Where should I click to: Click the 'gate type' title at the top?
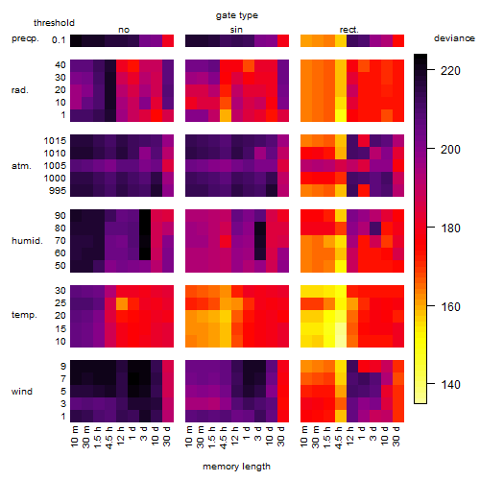coord(237,15)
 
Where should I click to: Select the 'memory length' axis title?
coord(236,467)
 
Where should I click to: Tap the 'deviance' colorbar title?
coord(454,38)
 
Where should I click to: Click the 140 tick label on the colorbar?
coord(450,384)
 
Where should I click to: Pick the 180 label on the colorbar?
coord(450,228)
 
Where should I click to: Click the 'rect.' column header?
coord(348,30)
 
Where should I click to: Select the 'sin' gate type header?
coord(236,30)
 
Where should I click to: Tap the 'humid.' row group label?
coord(27,241)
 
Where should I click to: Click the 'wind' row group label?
coord(22,392)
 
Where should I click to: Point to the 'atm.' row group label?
coord(21,166)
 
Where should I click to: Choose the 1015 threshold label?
coord(55,141)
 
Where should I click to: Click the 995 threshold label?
coord(58,191)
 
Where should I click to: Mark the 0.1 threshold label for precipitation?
coord(59,40)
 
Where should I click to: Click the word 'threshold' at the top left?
coord(54,23)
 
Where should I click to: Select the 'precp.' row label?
coord(25,38)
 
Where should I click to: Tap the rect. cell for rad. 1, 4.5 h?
coord(341,115)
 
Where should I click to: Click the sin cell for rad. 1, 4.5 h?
coord(226,115)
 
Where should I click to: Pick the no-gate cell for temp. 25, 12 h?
coord(122,303)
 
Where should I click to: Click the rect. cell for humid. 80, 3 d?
coord(375,228)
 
